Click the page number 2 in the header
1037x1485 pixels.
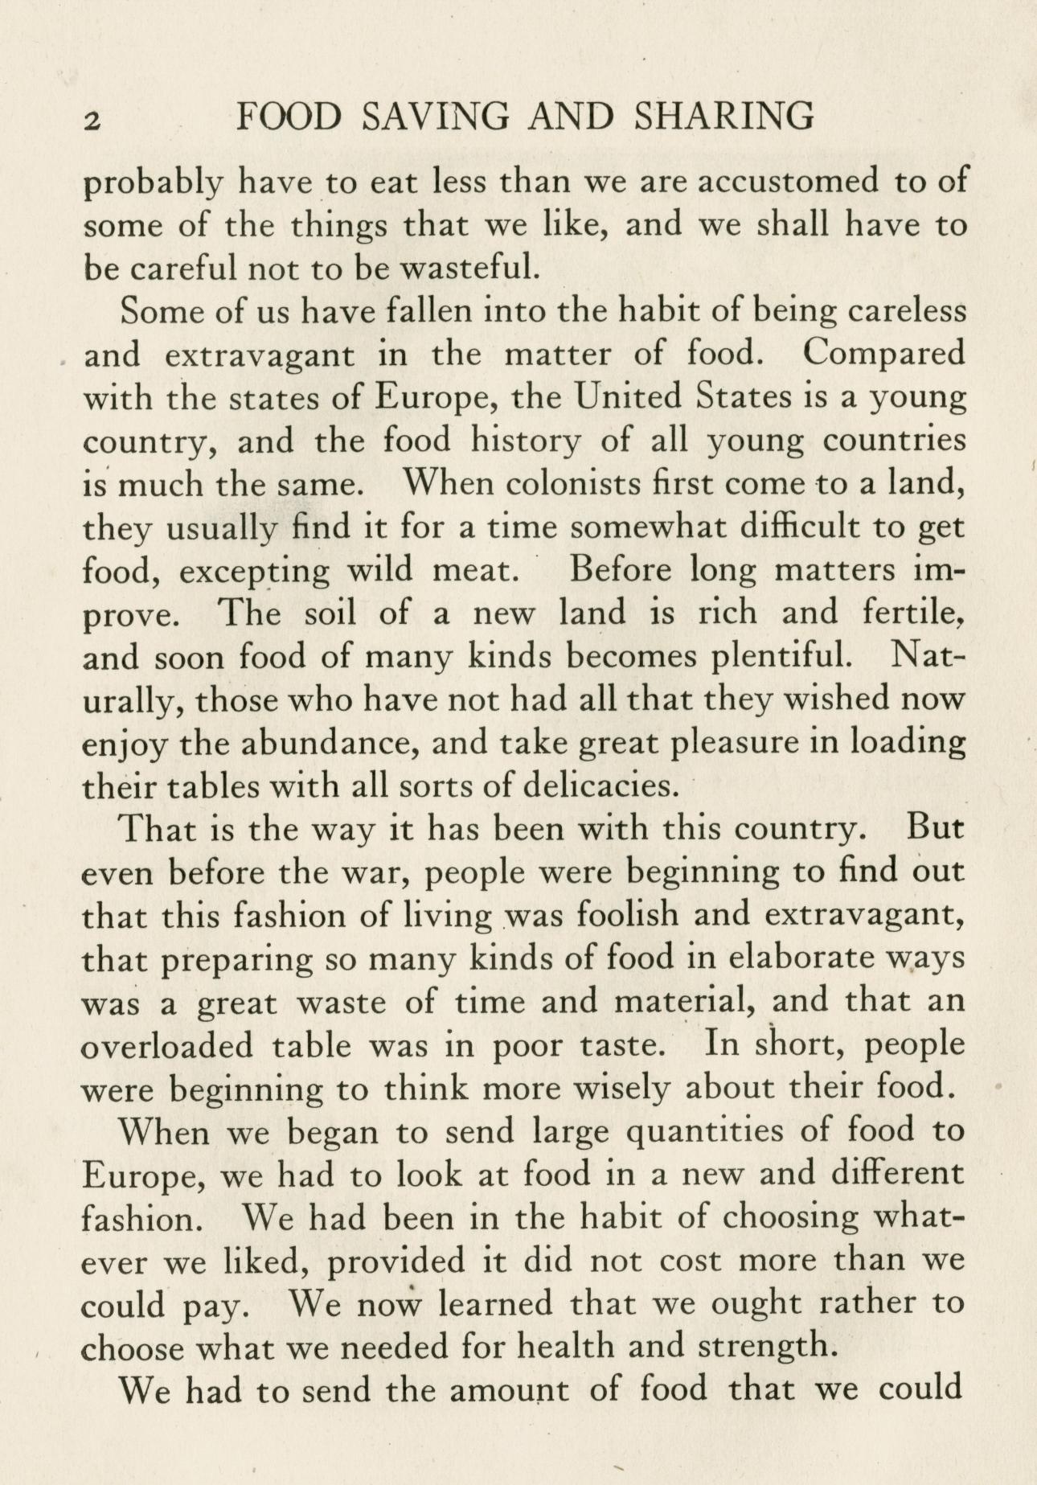(x=92, y=120)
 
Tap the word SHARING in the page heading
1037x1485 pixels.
(x=723, y=116)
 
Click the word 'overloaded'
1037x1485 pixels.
(x=168, y=1045)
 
